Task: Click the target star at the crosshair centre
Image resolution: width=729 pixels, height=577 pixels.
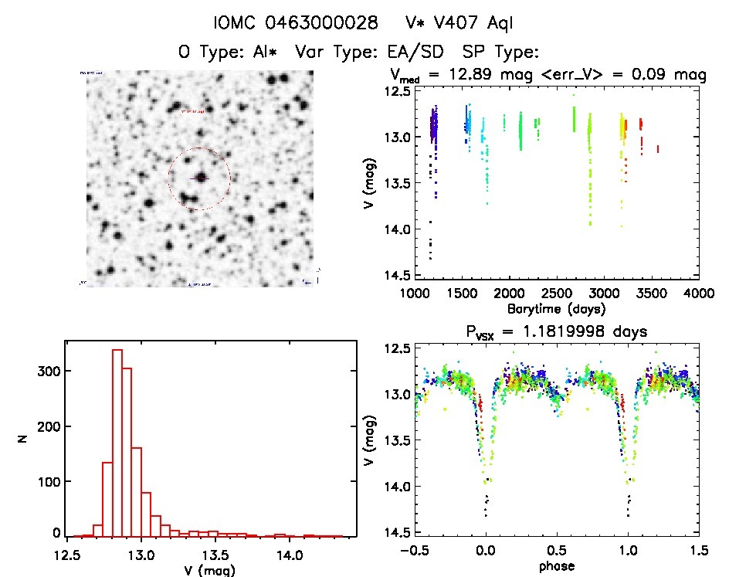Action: (x=200, y=178)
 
